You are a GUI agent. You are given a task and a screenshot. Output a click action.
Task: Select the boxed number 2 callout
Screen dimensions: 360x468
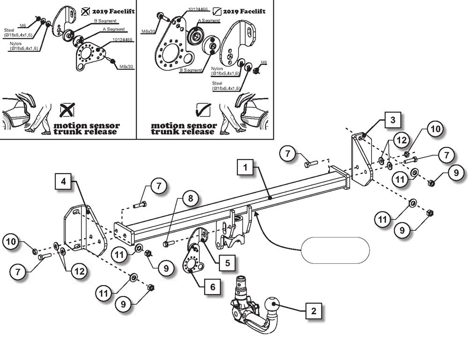[x=314, y=311]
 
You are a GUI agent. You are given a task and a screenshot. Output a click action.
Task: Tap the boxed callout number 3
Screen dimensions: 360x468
[x=393, y=120]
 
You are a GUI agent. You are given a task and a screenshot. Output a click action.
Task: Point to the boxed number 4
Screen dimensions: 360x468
[x=63, y=181]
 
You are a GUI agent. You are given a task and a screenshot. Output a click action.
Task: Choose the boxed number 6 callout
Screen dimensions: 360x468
[x=212, y=287]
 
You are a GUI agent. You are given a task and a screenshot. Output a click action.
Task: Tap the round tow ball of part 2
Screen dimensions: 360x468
[x=272, y=306]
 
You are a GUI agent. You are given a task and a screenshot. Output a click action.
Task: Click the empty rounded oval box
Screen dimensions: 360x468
[x=335, y=250]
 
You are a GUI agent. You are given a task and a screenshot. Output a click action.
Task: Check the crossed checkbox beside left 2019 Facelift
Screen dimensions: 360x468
[x=86, y=11]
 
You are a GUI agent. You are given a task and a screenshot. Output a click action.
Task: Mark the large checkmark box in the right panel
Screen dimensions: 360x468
[x=203, y=110]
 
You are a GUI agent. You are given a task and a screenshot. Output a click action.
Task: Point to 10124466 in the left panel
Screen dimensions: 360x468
[x=123, y=40]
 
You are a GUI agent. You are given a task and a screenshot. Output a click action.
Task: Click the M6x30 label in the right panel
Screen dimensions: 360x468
[x=149, y=31]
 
